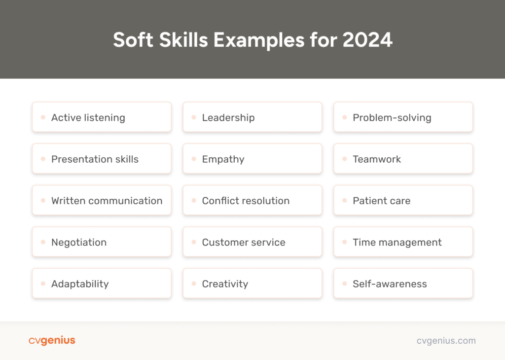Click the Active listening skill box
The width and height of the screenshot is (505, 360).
pyautogui.click(x=102, y=117)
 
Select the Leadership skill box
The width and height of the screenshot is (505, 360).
pyautogui.click(x=252, y=117)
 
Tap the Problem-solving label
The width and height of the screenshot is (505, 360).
pyautogui.click(x=392, y=117)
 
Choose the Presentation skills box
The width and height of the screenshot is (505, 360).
pyautogui.click(x=102, y=159)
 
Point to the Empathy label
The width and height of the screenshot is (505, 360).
pyautogui.click(x=223, y=159)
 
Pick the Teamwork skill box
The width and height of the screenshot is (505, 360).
pyautogui.click(x=403, y=159)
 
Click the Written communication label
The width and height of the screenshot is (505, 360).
pyautogui.click(x=107, y=201)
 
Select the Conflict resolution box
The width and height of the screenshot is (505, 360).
pyautogui.click(x=252, y=201)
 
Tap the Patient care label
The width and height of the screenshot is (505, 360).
pyautogui.click(x=381, y=201)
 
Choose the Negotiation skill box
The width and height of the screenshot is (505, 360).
pyautogui.click(x=102, y=242)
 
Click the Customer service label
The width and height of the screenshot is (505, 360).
pyautogui.click(x=244, y=242)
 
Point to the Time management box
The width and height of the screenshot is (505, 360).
pyautogui.click(x=403, y=242)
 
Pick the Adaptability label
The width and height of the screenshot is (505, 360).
pyautogui.click(x=80, y=284)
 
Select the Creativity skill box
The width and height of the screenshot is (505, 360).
pyautogui.click(x=252, y=284)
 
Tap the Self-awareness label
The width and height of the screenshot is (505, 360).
pyautogui.click(x=390, y=284)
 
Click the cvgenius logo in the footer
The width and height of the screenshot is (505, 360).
pyautogui.click(x=52, y=340)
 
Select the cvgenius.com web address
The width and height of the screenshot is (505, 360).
pyautogui.click(x=446, y=340)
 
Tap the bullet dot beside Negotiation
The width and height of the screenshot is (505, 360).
pyautogui.click(x=42, y=242)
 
